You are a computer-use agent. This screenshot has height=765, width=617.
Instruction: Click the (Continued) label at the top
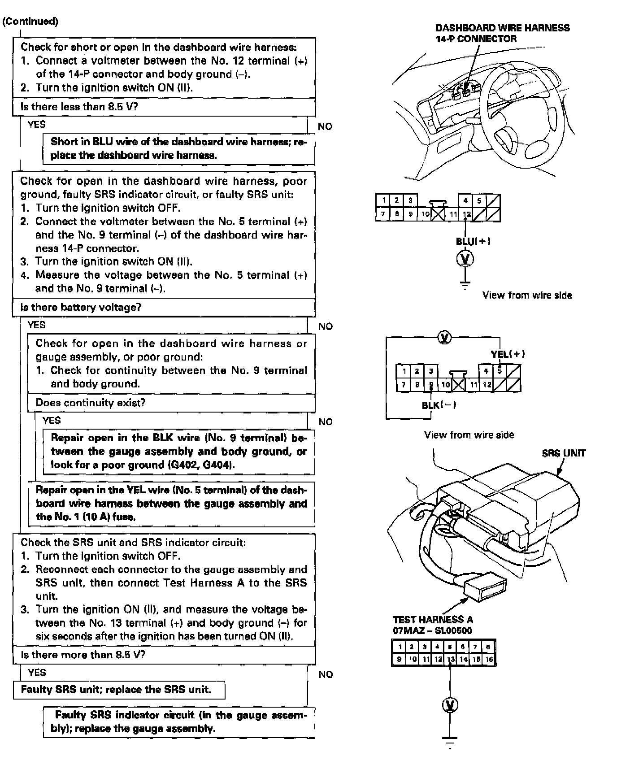(x=30, y=22)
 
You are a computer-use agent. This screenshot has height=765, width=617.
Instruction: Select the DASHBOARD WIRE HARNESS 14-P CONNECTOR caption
(x=502, y=33)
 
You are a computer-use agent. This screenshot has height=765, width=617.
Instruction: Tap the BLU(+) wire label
(x=473, y=241)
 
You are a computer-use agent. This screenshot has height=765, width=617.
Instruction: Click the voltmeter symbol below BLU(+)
(x=465, y=259)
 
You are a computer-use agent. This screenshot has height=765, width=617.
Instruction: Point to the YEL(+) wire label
(x=508, y=354)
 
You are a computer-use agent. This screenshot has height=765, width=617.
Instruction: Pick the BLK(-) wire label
(x=439, y=405)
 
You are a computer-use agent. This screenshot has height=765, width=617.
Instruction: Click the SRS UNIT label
(x=564, y=453)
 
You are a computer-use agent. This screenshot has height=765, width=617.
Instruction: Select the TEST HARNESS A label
(x=433, y=620)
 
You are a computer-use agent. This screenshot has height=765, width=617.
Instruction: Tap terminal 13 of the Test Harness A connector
(x=451, y=659)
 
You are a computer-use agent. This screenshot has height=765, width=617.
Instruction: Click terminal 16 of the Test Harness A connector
(x=489, y=659)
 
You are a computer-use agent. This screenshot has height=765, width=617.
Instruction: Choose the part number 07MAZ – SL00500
(x=432, y=630)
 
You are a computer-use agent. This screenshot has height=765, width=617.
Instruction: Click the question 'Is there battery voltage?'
(x=81, y=307)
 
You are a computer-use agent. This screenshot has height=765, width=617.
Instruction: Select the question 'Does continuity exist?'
(x=90, y=403)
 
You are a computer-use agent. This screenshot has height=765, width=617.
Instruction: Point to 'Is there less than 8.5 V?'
(x=79, y=107)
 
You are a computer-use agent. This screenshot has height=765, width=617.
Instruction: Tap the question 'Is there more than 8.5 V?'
(x=83, y=655)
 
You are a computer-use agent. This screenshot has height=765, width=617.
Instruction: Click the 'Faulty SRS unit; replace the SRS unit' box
(x=118, y=690)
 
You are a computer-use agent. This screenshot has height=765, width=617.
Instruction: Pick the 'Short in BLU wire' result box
(x=178, y=148)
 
